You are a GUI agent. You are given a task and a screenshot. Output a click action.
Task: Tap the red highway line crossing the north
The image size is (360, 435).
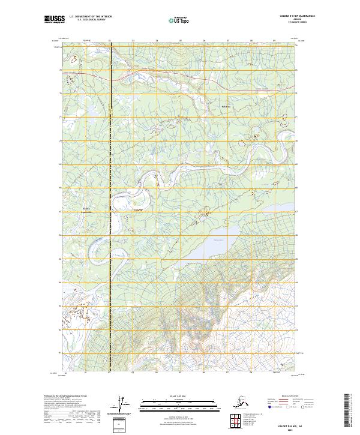(150, 76)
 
